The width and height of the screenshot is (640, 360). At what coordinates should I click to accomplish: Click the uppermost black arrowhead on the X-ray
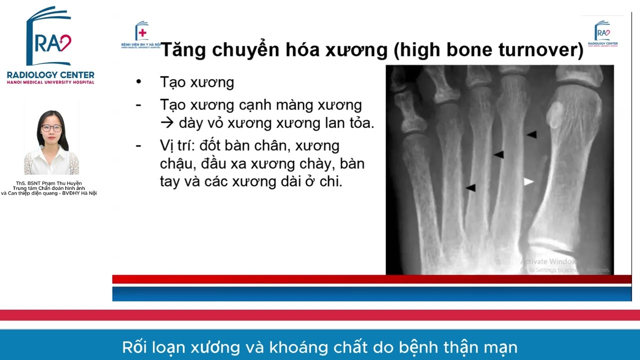click(x=531, y=134)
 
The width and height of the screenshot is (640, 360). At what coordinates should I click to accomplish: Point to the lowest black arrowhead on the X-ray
click(x=470, y=187)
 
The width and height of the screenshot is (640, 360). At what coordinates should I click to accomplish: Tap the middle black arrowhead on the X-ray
click(x=498, y=155)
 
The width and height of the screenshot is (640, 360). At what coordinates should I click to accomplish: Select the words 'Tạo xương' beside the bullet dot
click(x=197, y=82)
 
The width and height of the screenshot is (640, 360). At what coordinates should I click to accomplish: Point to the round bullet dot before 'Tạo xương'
click(x=138, y=81)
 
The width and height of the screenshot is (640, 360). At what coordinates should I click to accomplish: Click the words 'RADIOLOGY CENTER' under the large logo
click(x=50, y=74)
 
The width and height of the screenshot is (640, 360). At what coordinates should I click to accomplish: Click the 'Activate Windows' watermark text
click(x=548, y=261)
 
